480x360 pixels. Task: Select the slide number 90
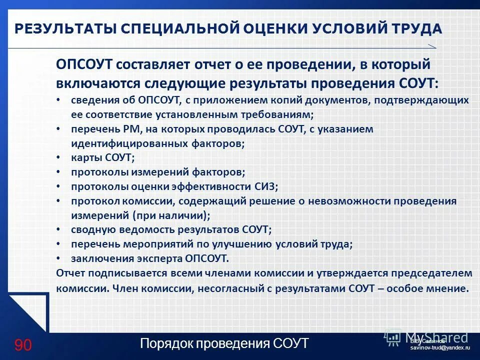click(x=23, y=345)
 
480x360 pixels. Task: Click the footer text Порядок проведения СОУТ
click(x=224, y=344)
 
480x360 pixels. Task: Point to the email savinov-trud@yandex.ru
click(x=440, y=347)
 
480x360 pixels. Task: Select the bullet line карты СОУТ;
click(x=102, y=157)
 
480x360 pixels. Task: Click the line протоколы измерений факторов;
click(x=157, y=172)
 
